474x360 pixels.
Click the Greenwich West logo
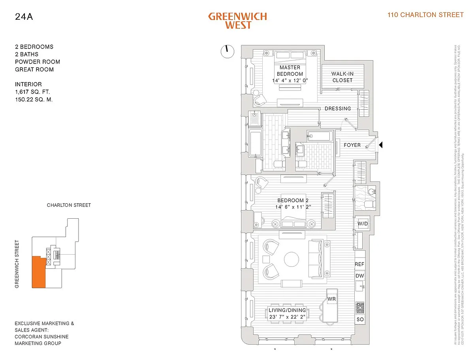click(x=237, y=21)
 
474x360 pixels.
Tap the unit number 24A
click(x=23, y=17)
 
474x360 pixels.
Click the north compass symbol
click(x=227, y=51)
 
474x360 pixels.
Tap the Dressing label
click(x=338, y=109)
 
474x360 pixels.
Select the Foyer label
click(x=352, y=145)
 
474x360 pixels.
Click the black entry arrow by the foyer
click(x=381, y=145)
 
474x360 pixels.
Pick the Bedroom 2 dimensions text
click(x=293, y=207)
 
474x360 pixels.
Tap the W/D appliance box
click(x=363, y=224)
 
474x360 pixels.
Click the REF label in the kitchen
click(x=359, y=264)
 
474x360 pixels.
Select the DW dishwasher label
click(x=359, y=276)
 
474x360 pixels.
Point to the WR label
click(x=332, y=299)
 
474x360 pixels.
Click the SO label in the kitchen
click(x=360, y=319)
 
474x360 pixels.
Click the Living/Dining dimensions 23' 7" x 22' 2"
click(x=292, y=317)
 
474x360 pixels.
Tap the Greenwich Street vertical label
click(x=17, y=264)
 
